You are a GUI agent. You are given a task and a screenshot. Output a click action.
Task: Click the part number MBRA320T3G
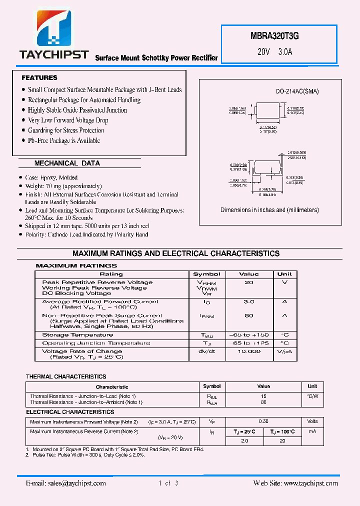(x=275, y=36)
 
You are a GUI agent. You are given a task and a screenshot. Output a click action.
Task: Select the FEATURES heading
(x=39, y=78)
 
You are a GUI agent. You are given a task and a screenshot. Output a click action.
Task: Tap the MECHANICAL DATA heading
(x=67, y=163)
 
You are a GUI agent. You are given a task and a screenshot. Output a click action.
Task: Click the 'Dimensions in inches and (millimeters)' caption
(x=269, y=210)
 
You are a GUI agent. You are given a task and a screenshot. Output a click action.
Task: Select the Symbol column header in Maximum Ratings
(x=206, y=274)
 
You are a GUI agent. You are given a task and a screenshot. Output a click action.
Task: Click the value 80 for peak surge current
(x=249, y=315)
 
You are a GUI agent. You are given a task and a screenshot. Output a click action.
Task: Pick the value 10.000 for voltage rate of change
(x=249, y=351)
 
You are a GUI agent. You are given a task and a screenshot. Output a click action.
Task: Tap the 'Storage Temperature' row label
(x=77, y=335)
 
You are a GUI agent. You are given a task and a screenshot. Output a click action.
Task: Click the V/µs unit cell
(x=284, y=351)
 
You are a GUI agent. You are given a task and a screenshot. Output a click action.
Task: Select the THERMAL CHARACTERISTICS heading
(x=66, y=376)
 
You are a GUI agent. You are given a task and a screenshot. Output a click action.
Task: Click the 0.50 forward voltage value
(x=263, y=422)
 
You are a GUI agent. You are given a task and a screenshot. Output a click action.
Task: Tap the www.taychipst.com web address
(x=310, y=483)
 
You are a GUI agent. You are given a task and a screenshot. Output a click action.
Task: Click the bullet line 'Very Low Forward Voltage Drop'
(x=68, y=120)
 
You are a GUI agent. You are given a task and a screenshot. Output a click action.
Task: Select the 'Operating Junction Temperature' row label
(x=96, y=343)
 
